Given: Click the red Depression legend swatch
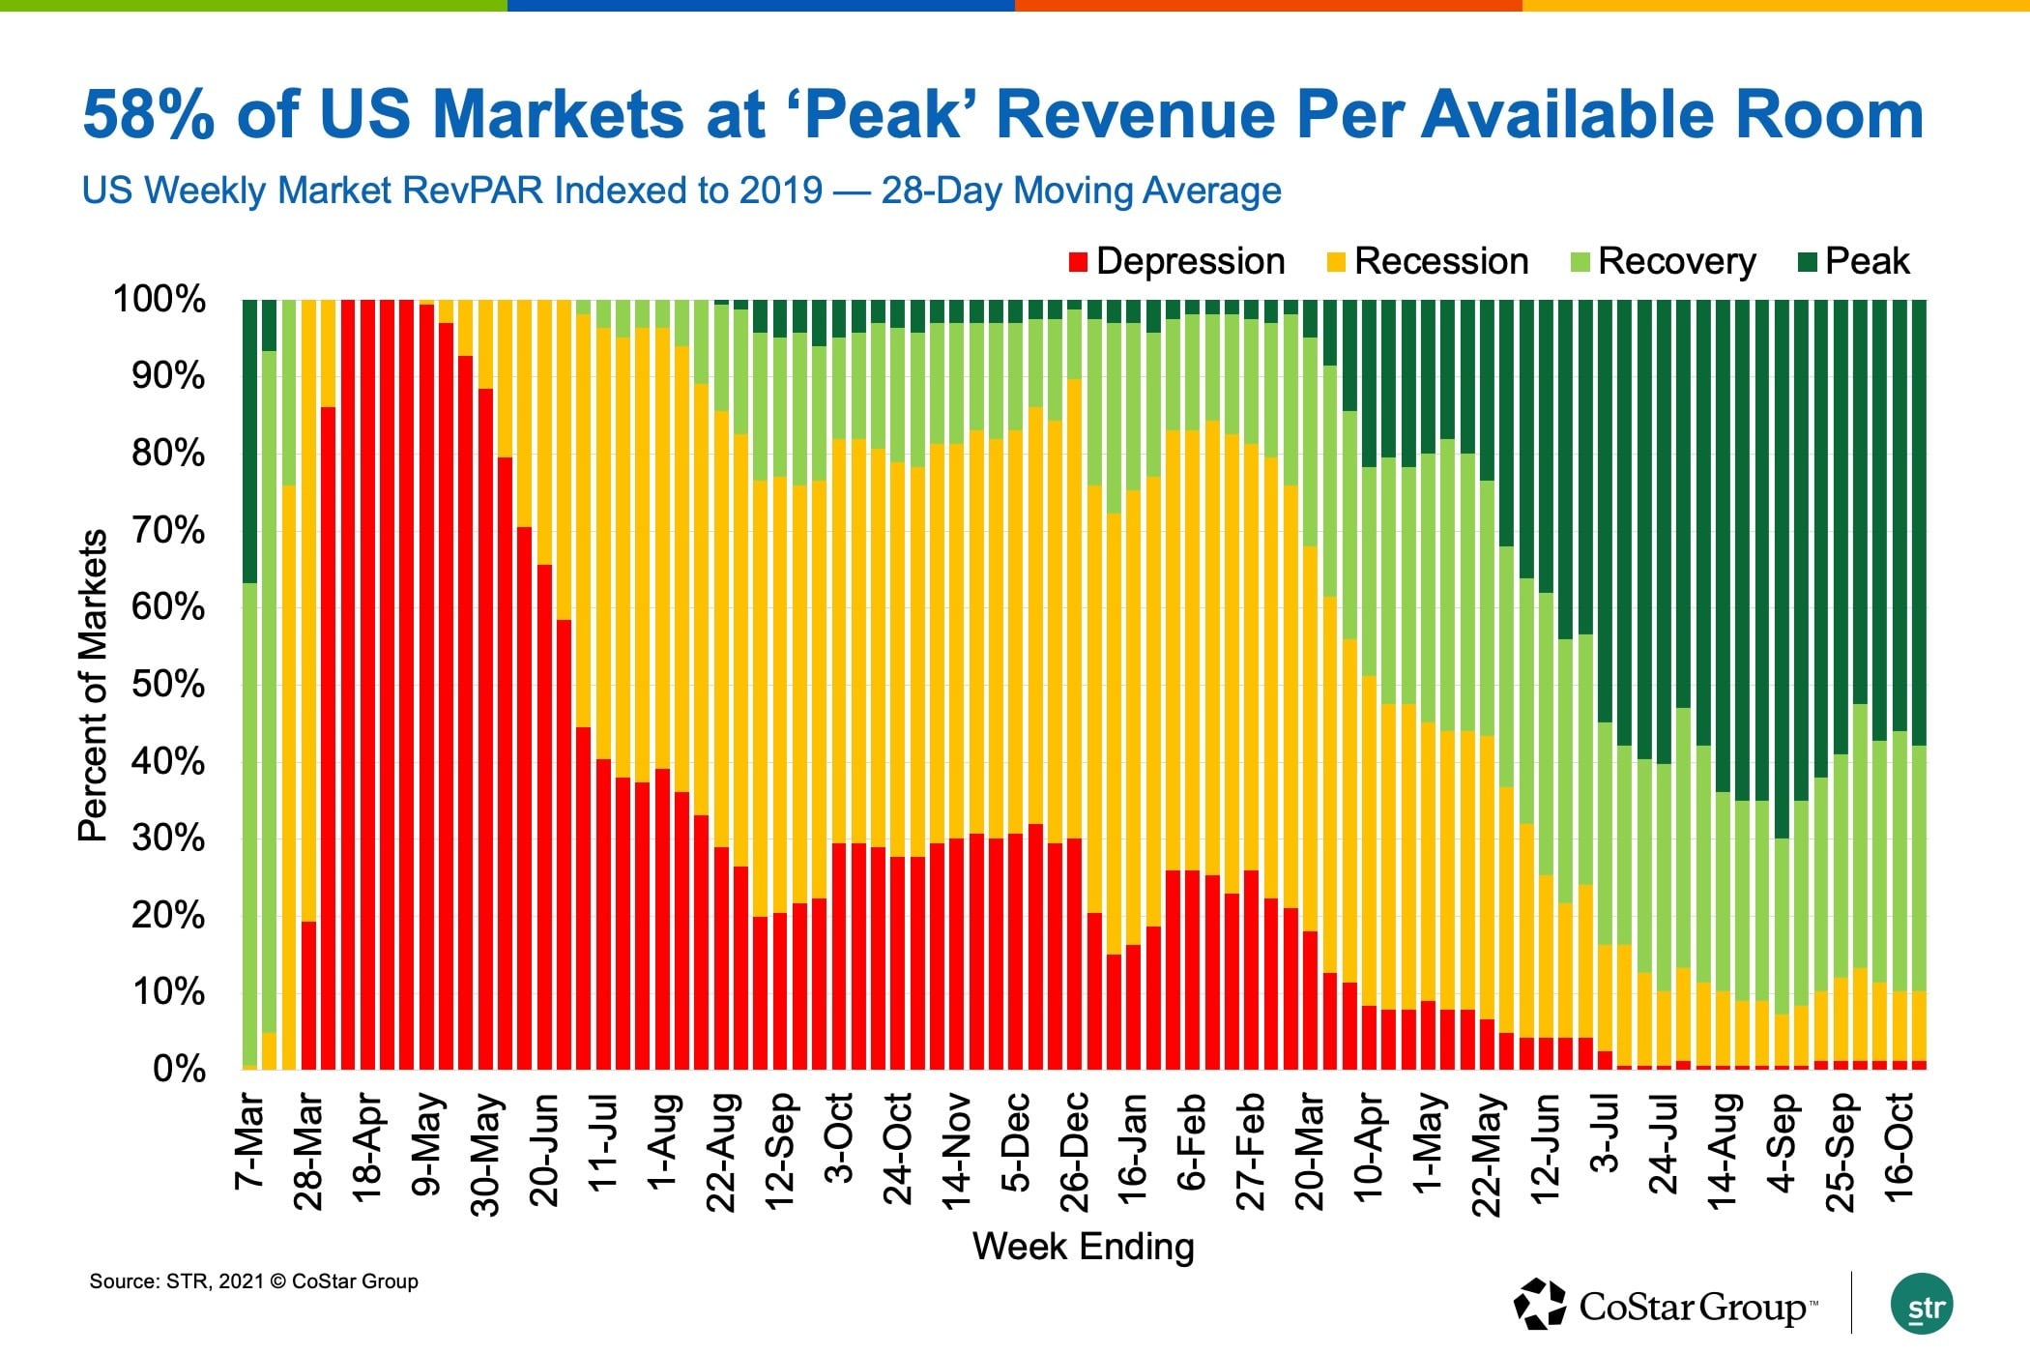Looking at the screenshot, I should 1079,262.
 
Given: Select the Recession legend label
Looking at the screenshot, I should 1440,262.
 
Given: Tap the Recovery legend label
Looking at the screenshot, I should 1676,262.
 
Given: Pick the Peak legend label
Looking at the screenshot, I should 1867,262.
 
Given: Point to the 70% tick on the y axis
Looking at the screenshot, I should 168,530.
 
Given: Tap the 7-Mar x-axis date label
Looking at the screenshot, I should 249,1141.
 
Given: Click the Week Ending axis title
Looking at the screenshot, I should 1083,1247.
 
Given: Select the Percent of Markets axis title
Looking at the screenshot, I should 93,685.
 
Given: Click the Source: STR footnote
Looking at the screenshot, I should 253,1281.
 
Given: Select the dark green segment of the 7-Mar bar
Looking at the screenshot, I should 249,440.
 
